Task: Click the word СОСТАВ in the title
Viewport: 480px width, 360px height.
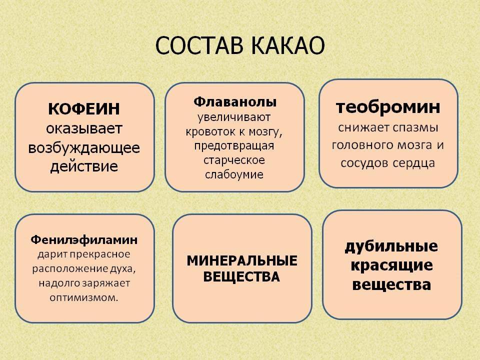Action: [x=199, y=45]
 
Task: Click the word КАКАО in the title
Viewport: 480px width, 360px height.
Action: [x=288, y=45]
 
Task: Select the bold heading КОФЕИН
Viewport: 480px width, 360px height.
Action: [x=84, y=109]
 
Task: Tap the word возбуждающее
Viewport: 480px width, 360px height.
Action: [x=84, y=148]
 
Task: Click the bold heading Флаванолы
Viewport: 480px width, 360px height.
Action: [x=235, y=101]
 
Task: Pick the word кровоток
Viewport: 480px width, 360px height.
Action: [x=210, y=131]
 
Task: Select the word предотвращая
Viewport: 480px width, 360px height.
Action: [x=234, y=146]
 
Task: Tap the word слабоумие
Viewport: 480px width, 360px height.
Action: [x=234, y=174]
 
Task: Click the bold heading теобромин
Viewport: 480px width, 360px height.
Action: [x=388, y=107]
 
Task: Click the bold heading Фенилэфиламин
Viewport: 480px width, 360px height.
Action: [x=84, y=240]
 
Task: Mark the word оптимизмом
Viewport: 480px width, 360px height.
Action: [x=84, y=297]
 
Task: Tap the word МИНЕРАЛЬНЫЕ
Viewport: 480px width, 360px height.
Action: [x=242, y=261]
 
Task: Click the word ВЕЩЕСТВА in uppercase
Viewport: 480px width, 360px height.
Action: [x=241, y=276]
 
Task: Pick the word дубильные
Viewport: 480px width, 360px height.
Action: [x=391, y=246]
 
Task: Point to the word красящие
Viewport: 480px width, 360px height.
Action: [x=391, y=265]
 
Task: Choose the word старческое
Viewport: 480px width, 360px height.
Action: [x=234, y=160]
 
